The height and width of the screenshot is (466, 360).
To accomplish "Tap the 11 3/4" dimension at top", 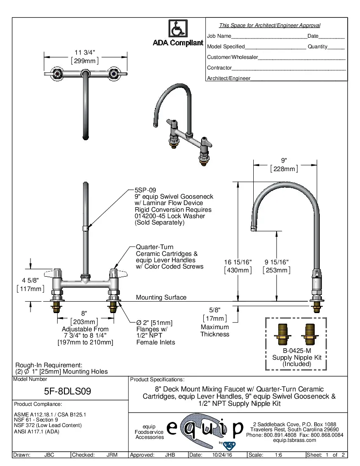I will pyautogui.click(x=85, y=53).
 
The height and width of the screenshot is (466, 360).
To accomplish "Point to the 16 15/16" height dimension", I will pyautogui.click(x=238, y=262).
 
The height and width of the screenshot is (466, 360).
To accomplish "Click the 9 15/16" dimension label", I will pyautogui.click(x=277, y=262).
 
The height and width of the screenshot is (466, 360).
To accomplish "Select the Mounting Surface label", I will pyautogui.click(x=161, y=297).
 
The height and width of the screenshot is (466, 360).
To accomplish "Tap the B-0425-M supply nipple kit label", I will pyautogui.click(x=296, y=351).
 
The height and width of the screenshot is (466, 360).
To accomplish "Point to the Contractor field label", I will pyautogui.click(x=219, y=68).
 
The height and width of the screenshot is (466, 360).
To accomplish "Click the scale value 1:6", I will pyautogui.click(x=279, y=455).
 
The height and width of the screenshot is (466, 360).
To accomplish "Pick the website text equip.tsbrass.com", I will pyautogui.click(x=295, y=440).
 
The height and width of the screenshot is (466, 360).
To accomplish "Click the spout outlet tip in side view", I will pyautogui.click(x=253, y=229).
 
